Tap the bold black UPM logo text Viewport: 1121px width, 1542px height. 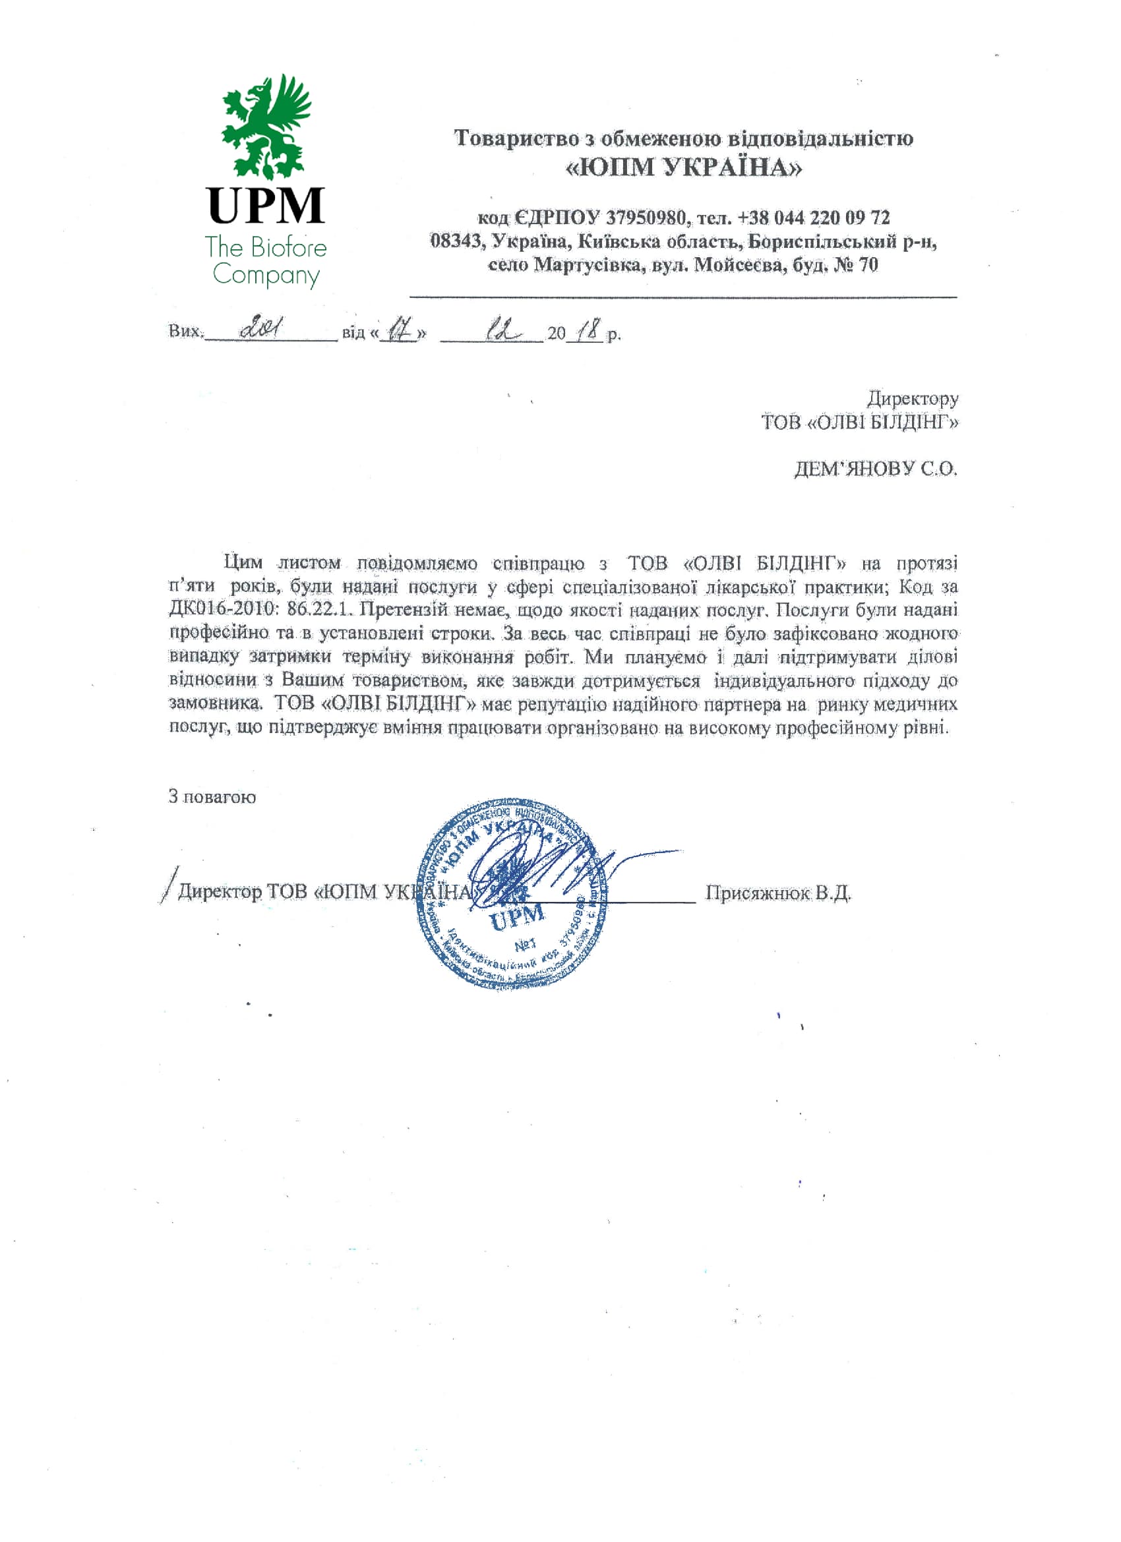(266, 205)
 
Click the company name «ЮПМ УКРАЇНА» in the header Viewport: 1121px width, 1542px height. (683, 167)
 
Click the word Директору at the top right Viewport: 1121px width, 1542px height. (912, 398)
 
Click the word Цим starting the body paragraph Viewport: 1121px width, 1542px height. (243, 563)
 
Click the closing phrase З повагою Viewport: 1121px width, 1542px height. (212, 797)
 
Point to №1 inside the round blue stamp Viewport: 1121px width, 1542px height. (526, 945)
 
